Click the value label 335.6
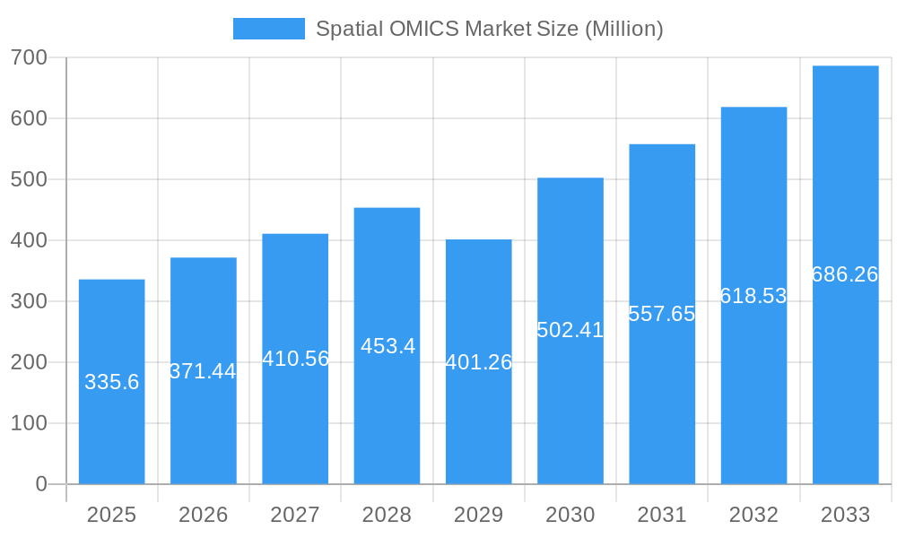point(111,382)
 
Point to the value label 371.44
point(203,371)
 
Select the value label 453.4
point(388,346)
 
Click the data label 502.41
point(570,330)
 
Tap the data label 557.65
point(662,314)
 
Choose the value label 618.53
point(753,296)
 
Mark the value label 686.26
point(845,274)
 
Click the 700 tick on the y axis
point(29,57)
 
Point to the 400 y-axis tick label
point(29,240)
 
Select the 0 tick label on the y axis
point(40,484)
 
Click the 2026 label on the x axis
point(203,515)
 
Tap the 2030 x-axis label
point(570,515)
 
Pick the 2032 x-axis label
point(753,515)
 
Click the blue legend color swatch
point(268,29)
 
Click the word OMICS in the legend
point(423,29)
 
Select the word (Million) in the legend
point(623,29)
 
